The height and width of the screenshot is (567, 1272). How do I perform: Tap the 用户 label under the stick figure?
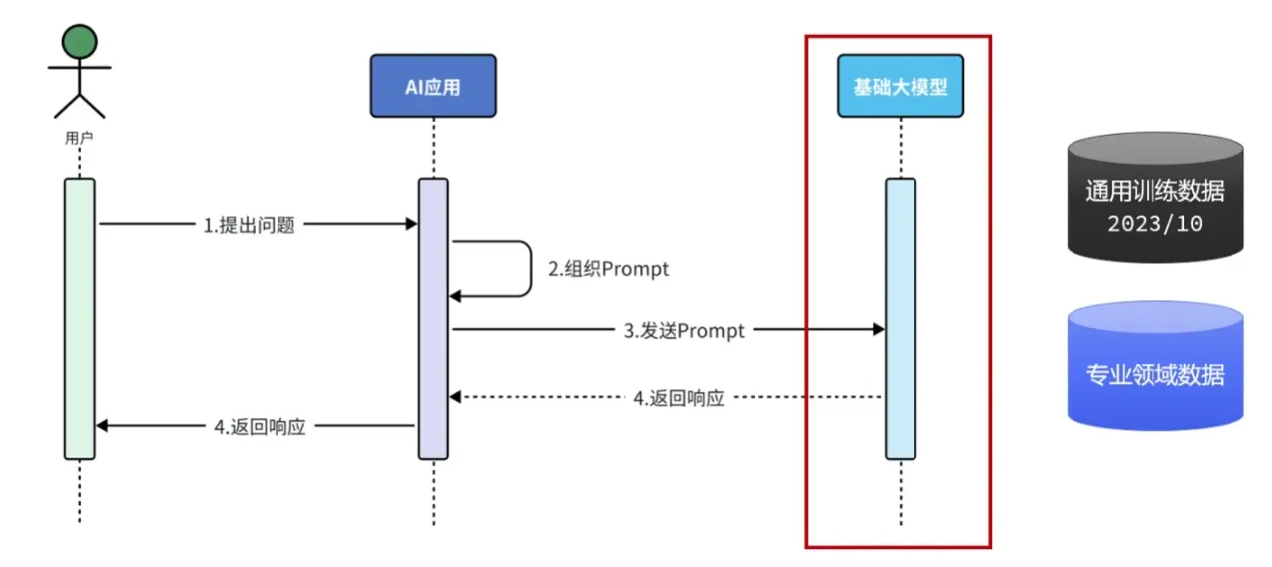click(x=79, y=138)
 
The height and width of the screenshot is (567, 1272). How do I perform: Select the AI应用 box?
click(x=433, y=86)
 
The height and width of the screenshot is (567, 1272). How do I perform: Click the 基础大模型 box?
click(x=900, y=86)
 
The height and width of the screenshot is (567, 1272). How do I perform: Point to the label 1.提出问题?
click(x=249, y=225)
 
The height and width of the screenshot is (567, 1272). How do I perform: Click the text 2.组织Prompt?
click(x=607, y=269)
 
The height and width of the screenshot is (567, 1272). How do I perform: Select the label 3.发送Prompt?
click(x=683, y=331)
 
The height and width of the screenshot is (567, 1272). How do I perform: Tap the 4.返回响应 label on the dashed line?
click(x=678, y=398)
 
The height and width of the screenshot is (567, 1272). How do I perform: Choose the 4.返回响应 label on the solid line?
click(x=260, y=427)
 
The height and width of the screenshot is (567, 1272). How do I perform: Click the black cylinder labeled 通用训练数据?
click(x=1154, y=198)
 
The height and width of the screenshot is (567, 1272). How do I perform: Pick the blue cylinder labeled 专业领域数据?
click(x=1154, y=365)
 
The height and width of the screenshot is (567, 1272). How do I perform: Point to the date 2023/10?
click(x=1154, y=223)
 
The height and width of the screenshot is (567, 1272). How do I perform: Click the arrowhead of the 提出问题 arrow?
click(x=411, y=225)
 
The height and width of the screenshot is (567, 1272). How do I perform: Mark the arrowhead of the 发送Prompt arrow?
click(x=878, y=330)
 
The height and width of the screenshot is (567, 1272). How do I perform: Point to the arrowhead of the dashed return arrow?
click(x=456, y=397)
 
